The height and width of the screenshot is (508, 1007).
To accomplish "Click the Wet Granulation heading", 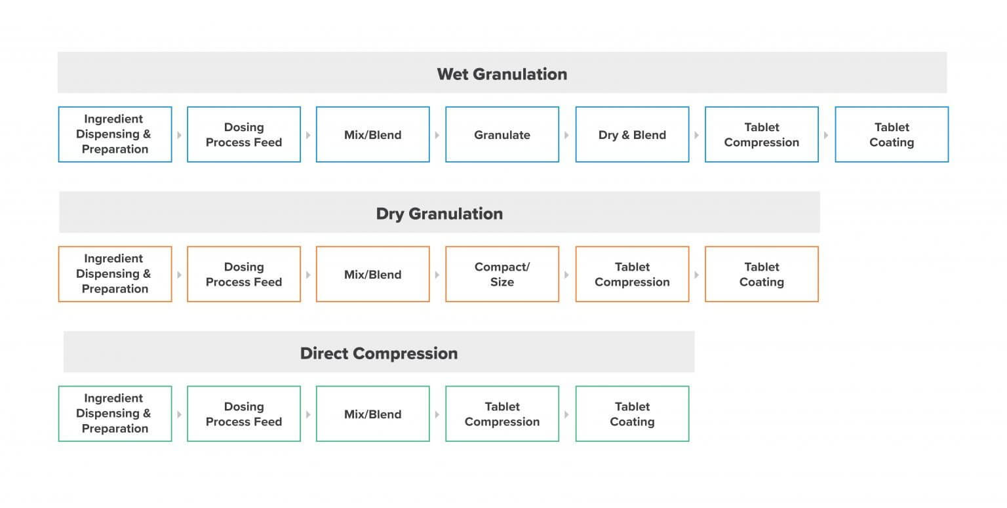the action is click(x=502, y=74).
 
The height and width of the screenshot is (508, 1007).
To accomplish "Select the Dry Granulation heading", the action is click(x=439, y=214).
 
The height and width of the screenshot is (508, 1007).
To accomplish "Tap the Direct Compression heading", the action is click(x=379, y=353).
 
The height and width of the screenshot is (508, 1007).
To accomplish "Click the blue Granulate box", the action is click(x=502, y=134).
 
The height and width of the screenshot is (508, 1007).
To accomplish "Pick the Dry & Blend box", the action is click(x=632, y=134).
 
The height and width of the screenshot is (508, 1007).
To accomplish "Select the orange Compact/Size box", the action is click(x=502, y=274).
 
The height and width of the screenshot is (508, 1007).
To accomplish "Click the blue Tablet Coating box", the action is click(x=892, y=134).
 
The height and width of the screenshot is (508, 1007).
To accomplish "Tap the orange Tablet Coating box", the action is click(x=762, y=274).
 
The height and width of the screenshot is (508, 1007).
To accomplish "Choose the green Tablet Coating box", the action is click(x=632, y=414).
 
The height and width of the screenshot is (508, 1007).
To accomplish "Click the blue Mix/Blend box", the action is click(x=372, y=134).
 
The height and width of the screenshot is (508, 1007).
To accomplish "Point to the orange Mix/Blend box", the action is click(x=372, y=274).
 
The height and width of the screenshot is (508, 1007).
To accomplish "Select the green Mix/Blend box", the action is click(x=372, y=414).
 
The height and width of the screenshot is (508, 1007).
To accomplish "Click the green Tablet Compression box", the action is click(x=502, y=414).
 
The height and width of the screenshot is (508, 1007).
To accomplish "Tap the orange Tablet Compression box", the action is click(x=632, y=274).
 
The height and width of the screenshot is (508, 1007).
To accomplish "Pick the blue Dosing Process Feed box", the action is click(x=244, y=134).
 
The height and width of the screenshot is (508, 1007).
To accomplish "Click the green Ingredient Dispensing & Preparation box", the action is click(x=115, y=414).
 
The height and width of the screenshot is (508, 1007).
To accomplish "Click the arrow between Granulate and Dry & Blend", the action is click(x=566, y=135).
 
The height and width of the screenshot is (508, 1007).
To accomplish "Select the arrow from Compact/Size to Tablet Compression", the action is click(x=566, y=275).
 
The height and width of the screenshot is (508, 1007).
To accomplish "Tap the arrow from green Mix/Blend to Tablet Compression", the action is click(x=437, y=414).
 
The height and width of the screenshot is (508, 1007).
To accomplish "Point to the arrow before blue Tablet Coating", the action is click(x=826, y=135).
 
